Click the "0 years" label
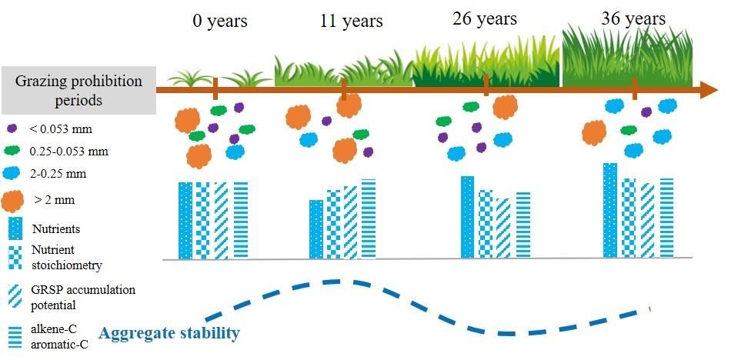(220, 22)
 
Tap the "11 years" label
(352, 22)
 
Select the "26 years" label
(485, 18)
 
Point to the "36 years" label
(633, 18)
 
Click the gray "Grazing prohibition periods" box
(78, 90)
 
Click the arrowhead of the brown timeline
(709, 90)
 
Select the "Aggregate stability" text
(169, 334)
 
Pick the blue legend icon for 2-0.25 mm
(12, 173)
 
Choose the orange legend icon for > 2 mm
(12, 202)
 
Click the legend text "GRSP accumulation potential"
(83, 297)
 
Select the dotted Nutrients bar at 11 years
(316, 229)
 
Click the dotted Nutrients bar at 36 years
(610, 210)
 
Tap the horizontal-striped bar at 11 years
(369, 218)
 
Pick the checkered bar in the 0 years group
(203, 220)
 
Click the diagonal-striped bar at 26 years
(503, 228)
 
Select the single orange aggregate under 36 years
(594, 133)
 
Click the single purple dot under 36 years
(646, 112)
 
